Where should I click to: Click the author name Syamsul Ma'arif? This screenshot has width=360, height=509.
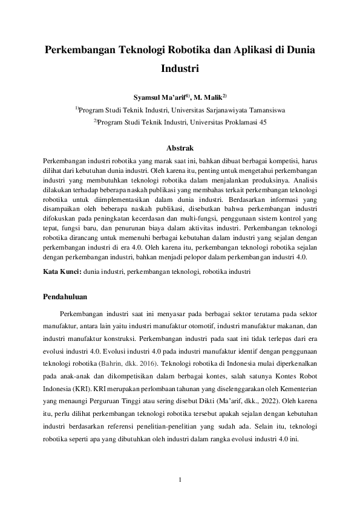tap(160, 96)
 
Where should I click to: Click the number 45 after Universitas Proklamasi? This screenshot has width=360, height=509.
tap(262, 123)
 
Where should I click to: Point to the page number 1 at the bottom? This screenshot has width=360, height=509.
tap(180, 481)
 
